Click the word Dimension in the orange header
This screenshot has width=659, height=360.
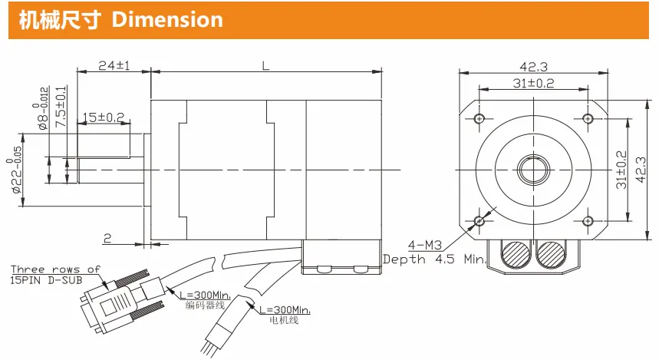(167, 20)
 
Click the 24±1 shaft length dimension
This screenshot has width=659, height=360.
(114, 65)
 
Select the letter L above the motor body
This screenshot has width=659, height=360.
(265, 65)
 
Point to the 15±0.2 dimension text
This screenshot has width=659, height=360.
(104, 117)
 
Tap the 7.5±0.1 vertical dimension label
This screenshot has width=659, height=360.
(61, 107)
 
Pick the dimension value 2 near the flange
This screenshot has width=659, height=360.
(107, 239)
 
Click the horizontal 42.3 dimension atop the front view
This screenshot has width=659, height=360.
(534, 67)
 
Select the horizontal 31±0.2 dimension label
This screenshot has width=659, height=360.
(533, 83)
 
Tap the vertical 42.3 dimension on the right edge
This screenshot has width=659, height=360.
(641, 170)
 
